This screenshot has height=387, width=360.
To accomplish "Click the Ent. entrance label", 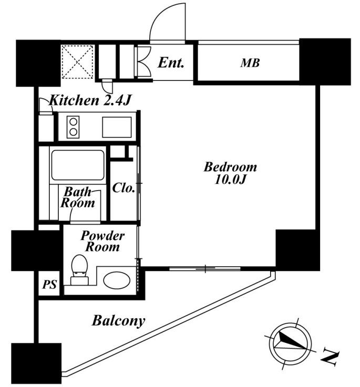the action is pyautogui.click(x=171, y=62).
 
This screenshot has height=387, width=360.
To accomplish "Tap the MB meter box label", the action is pyautogui.click(x=250, y=63).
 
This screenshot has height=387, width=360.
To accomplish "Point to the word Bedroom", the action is pyautogui.click(x=230, y=167).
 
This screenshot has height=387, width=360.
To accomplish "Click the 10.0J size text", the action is pyautogui.click(x=230, y=180).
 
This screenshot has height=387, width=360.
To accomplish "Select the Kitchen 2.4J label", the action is pyautogui.click(x=89, y=100).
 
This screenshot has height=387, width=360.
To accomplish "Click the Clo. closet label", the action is pyautogui.click(x=124, y=188).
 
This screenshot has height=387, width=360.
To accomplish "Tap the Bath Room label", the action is pyautogui.click(x=78, y=197).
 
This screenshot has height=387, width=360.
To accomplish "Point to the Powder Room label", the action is pyautogui.click(x=102, y=241).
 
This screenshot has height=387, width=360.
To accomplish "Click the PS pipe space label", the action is pyautogui.click(x=49, y=284).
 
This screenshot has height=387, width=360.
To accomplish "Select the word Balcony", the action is pyautogui.click(x=118, y=321).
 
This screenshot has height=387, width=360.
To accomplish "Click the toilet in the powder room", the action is pyautogui.click(x=79, y=269).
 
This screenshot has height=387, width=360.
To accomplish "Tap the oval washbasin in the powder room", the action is pyautogui.click(x=117, y=280).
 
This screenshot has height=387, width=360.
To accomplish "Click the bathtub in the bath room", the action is pyautogui.click(x=78, y=165).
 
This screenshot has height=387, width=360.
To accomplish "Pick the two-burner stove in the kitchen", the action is pyautogui.click(x=73, y=127).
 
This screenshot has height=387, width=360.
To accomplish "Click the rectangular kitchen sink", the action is pyautogui.click(x=117, y=127).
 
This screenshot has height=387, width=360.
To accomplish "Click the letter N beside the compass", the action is pyautogui.click(x=330, y=357).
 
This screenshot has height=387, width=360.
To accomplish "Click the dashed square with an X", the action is pyautogui.click(x=78, y=62).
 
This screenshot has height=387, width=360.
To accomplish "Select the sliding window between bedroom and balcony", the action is pyautogui.click(x=205, y=268).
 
